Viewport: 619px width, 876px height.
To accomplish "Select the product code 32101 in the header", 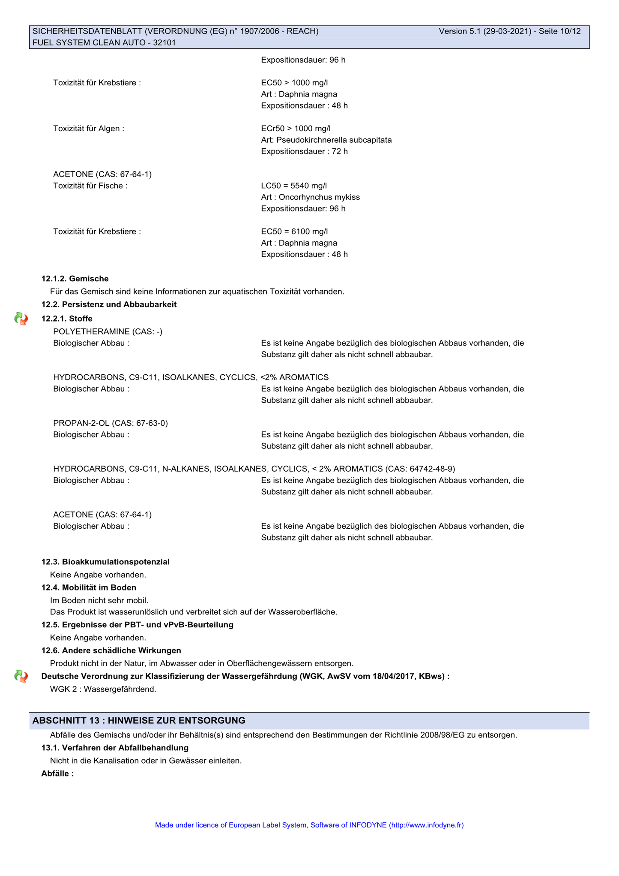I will tap(164, 42).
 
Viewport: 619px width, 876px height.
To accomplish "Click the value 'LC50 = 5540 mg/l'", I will tap(294, 186).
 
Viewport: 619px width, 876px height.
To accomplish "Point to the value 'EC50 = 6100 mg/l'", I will tap(294, 232).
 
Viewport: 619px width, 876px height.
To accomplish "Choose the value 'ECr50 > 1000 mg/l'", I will tap(296, 129).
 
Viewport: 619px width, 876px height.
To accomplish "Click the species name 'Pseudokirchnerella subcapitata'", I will tap(334, 140).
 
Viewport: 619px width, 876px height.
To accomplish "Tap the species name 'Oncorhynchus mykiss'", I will tap(319, 197).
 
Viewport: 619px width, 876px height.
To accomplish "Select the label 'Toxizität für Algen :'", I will tap(89, 129).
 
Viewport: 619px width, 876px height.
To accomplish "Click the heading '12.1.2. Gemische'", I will tap(75, 279).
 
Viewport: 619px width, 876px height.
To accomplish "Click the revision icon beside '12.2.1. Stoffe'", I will tap(21, 319).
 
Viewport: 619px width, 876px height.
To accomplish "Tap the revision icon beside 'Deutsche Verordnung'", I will tap(21, 676).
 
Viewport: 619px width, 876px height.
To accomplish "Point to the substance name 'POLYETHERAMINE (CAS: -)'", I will tap(108, 331).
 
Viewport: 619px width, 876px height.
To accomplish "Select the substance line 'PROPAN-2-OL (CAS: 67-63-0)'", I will tap(111, 423).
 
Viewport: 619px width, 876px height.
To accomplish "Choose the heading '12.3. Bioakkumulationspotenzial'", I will tap(105, 562).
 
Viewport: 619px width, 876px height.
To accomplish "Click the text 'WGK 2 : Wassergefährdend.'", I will tap(103, 689).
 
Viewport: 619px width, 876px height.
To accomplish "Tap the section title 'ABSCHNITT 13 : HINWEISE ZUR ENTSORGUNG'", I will tap(139, 720).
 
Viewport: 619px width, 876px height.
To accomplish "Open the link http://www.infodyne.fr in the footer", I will tap(426, 825).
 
